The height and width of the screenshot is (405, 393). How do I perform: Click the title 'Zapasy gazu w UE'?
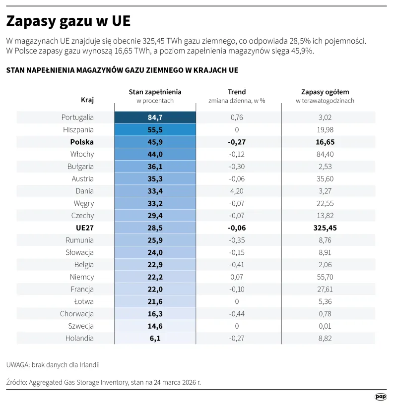pos(68,22)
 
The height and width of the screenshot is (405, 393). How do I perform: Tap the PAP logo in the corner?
pos(380,397)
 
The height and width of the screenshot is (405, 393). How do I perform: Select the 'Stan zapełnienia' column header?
pos(155,92)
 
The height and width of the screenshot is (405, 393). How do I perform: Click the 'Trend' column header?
pos(237,92)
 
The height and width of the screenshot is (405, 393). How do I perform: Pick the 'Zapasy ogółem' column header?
pos(325,92)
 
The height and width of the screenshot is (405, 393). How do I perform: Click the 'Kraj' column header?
pos(87,100)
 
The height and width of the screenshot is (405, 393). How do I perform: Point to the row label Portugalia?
pos(77,117)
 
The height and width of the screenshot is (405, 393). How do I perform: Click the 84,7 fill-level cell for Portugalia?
pos(155,117)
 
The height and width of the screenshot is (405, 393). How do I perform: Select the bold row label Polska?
pos(82,142)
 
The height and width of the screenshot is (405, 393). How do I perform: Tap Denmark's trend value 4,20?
pos(237,191)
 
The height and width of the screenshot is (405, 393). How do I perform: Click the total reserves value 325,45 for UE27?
pos(325,228)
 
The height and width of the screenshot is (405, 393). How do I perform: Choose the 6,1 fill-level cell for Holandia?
pos(155,339)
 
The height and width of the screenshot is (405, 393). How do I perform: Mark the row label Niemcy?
pos(82,277)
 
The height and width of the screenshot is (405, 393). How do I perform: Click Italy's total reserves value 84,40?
pos(325,154)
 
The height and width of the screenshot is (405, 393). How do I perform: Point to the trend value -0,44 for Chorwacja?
pos(237,314)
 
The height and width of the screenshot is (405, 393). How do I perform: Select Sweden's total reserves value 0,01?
pos(325,326)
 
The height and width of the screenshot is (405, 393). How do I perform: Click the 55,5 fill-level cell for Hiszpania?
pos(155,130)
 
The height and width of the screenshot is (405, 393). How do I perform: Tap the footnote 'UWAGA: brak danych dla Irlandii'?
pos(53,365)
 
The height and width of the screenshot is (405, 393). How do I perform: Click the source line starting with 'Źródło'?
pos(104,382)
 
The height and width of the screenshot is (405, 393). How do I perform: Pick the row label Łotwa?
pos(83,301)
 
